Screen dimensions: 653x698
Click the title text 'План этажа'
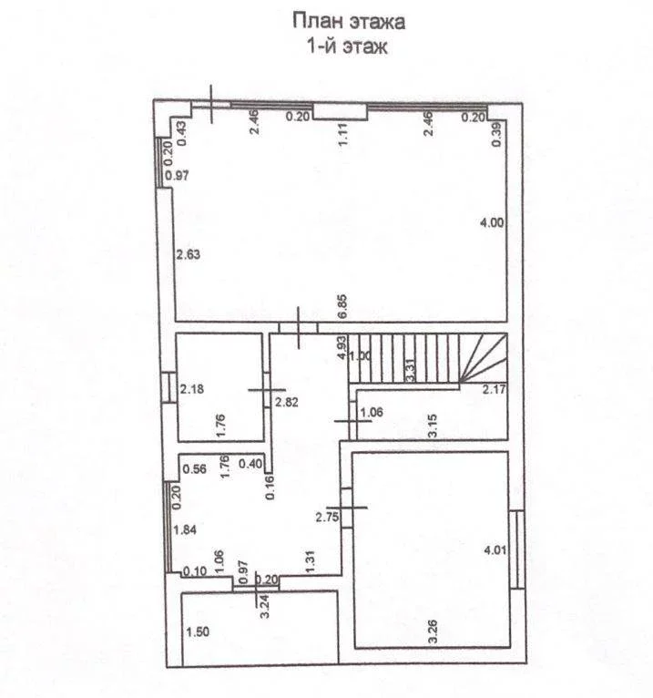[349, 21]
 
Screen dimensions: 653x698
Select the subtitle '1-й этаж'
[347, 46]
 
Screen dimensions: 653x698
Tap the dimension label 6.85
[342, 306]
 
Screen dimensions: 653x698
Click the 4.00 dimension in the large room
[492, 222]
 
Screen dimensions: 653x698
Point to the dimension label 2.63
[189, 254]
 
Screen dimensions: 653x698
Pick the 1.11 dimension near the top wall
[342, 136]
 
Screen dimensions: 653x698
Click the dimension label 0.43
[182, 134]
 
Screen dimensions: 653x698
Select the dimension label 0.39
[497, 134]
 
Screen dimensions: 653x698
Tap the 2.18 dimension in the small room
[192, 389]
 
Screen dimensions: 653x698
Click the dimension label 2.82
[287, 403]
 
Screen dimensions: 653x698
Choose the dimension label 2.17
[495, 389]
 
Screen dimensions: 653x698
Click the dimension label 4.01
[495, 550]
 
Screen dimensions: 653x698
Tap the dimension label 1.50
[198, 632]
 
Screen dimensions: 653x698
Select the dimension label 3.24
[265, 607]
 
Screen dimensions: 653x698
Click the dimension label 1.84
[185, 530]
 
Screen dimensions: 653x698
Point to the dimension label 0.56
[194, 468]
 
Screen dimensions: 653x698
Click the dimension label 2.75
[327, 518]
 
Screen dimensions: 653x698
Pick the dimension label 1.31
[310, 562]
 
